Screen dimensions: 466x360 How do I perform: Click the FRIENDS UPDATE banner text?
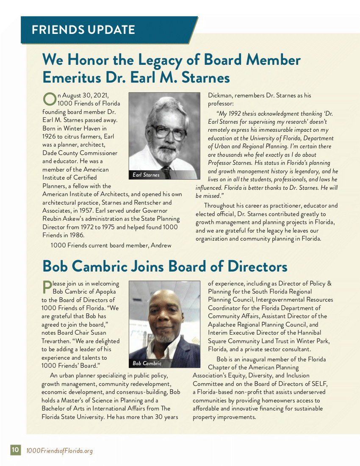pos(83,30)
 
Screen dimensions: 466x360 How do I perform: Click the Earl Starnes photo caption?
pos(146,175)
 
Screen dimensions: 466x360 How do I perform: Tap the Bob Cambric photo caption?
pos(147,363)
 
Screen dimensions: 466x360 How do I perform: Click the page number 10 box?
pos(15,450)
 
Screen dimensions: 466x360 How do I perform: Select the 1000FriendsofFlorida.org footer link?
pos(59,450)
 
